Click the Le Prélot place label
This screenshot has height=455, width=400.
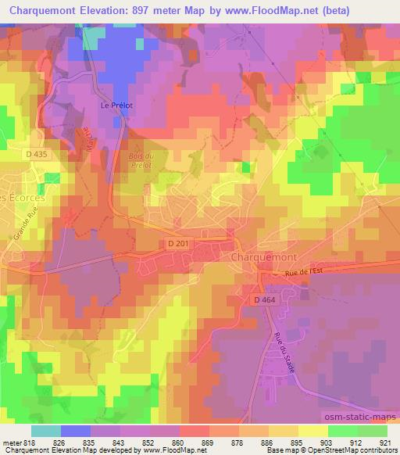pos(112,104)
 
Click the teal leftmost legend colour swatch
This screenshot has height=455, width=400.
pos(46,430)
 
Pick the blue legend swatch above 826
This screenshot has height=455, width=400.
pos(76,430)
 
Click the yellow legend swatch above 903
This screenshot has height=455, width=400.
pos(312,430)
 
